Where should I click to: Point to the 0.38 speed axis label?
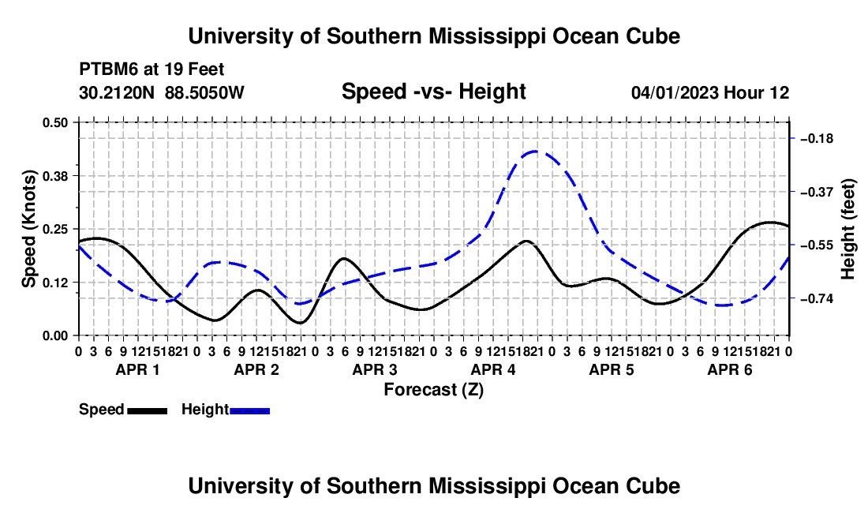(54, 176)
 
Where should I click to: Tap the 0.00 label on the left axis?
(54, 336)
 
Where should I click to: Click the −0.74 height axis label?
(817, 299)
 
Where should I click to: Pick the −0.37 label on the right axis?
(817, 192)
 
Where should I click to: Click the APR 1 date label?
(137, 369)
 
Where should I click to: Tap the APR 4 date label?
(492, 369)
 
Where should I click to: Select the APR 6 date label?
(730, 369)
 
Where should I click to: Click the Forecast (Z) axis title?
(433, 390)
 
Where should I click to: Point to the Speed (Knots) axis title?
(28, 229)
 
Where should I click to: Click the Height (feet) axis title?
(847, 229)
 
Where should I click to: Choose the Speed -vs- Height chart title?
(433, 92)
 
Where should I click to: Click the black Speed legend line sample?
(148, 410)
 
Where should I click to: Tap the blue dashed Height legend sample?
(249, 410)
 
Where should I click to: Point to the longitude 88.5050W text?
(204, 92)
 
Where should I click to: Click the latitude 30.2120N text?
(117, 92)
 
